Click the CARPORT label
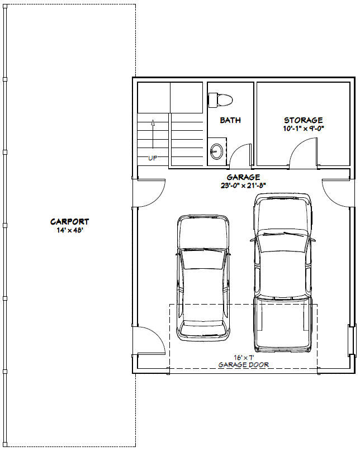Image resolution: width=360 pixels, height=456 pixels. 69,222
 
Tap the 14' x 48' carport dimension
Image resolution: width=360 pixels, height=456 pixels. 69,230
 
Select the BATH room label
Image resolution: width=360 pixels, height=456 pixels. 230,120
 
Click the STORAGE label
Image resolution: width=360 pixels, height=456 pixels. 303,120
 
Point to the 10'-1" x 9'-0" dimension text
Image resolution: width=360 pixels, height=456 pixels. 303,128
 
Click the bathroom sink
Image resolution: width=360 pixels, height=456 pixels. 216,151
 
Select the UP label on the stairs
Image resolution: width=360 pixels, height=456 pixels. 153,158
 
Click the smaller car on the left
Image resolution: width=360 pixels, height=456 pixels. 203,278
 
